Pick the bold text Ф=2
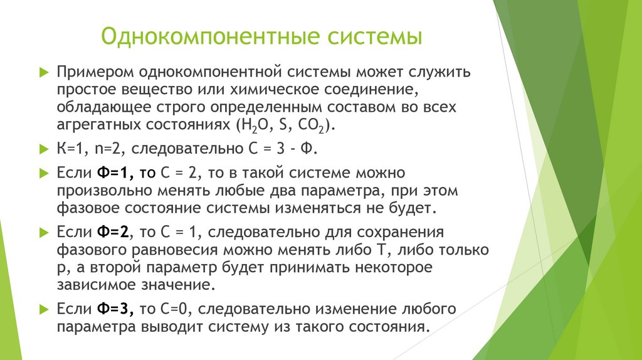tap(113, 232)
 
